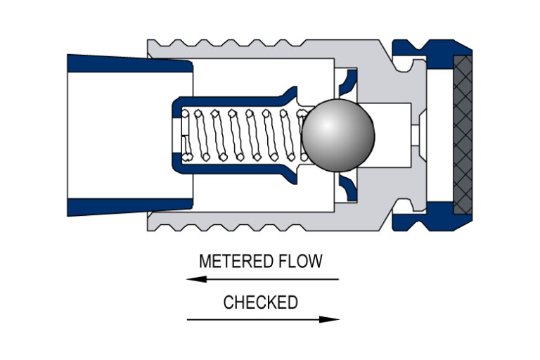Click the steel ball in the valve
pos(337,134)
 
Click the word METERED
pos(233,262)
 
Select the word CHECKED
pos(260,302)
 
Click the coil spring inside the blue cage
pos(243,134)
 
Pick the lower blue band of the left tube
pos(130,207)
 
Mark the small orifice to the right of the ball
pos(416,134)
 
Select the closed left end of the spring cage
pos(178,134)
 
